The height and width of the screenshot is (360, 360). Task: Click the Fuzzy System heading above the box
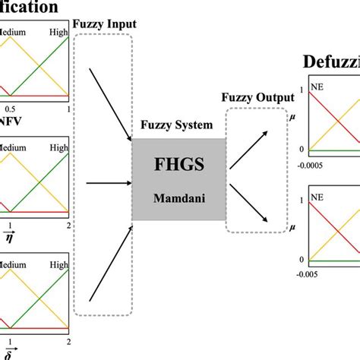178,123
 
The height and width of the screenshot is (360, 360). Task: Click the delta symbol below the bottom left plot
9,351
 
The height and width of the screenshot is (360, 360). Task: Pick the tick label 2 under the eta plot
68,226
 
